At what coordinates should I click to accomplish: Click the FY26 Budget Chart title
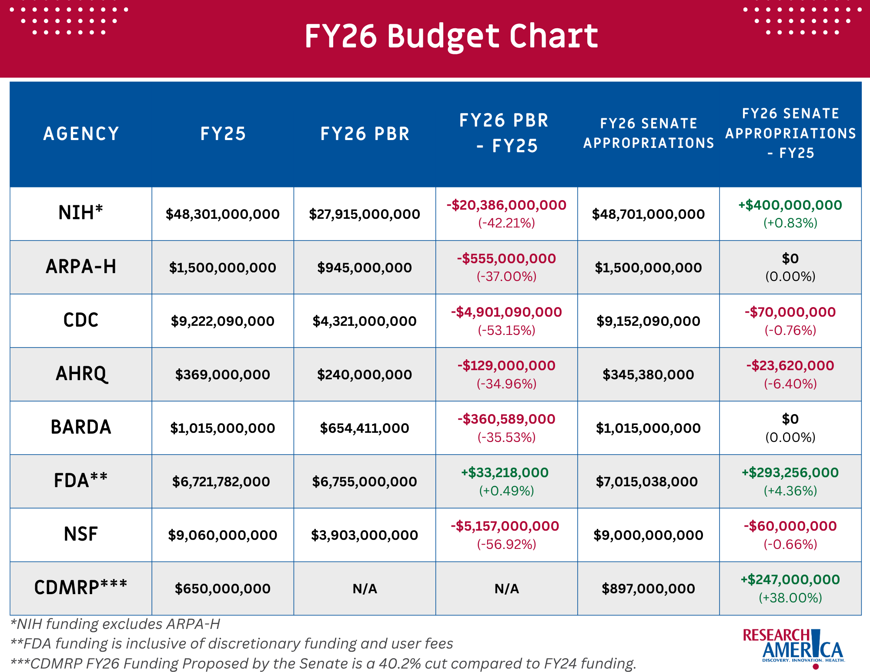(x=451, y=37)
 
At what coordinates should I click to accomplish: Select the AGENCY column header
(x=81, y=134)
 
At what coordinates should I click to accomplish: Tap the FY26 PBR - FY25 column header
(x=505, y=133)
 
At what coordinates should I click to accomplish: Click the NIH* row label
(x=81, y=213)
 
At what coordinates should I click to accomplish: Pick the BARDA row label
(x=81, y=427)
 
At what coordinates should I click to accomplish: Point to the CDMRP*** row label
(x=81, y=587)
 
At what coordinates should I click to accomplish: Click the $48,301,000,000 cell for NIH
(x=223, y=214)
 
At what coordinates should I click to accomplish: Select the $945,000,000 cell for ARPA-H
(x=365, y=267)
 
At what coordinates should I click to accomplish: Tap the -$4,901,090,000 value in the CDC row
(x=506, y=312)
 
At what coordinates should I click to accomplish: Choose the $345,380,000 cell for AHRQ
(x=648, y=374)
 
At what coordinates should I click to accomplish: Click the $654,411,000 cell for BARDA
(x=365, y=428)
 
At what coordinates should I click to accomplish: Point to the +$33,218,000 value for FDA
(x=505, y=472)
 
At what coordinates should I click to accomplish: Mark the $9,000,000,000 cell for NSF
(x=648, y=535)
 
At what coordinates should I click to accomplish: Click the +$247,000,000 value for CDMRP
(x=790, y=579)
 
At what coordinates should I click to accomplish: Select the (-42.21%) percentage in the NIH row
(x=506, y=223)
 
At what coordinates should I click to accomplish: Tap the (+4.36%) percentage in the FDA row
(x=790, y=491)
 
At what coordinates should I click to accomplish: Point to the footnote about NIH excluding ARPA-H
(x=115, y=624)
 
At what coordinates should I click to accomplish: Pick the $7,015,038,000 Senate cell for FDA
(x=647, y=481)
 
